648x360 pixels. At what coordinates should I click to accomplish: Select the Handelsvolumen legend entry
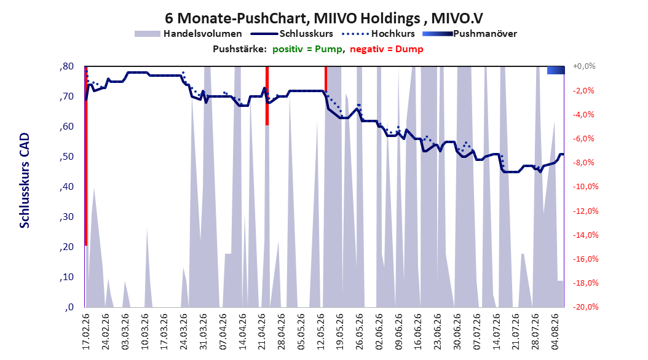point(189,34)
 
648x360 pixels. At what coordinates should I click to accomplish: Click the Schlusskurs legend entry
point(292,34)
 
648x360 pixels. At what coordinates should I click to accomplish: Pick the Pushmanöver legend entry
point(470,34)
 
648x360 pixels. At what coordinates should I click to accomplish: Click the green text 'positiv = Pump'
point(307,49)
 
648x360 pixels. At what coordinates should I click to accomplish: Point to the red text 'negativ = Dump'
point(387,49)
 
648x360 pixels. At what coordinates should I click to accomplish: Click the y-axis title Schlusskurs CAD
point(25,181)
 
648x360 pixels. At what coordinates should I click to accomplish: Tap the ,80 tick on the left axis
point(66,66)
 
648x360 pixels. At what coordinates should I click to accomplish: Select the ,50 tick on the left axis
point(66,157)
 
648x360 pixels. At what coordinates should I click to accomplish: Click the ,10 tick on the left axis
point(66,277)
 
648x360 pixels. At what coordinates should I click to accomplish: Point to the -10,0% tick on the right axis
point(585,187)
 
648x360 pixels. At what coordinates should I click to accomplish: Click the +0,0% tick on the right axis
point(584,66)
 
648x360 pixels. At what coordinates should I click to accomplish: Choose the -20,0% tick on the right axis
point(585,307)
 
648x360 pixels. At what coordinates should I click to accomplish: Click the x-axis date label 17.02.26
point(86,332)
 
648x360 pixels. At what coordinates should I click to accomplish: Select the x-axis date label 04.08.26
point(555,332)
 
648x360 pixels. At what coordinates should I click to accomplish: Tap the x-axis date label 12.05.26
point(321,332)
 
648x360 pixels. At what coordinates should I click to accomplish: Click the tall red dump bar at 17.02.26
point(86,156)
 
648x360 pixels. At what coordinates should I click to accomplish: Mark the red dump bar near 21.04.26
point(267,95)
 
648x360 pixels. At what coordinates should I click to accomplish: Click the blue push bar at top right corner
point(556,70)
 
